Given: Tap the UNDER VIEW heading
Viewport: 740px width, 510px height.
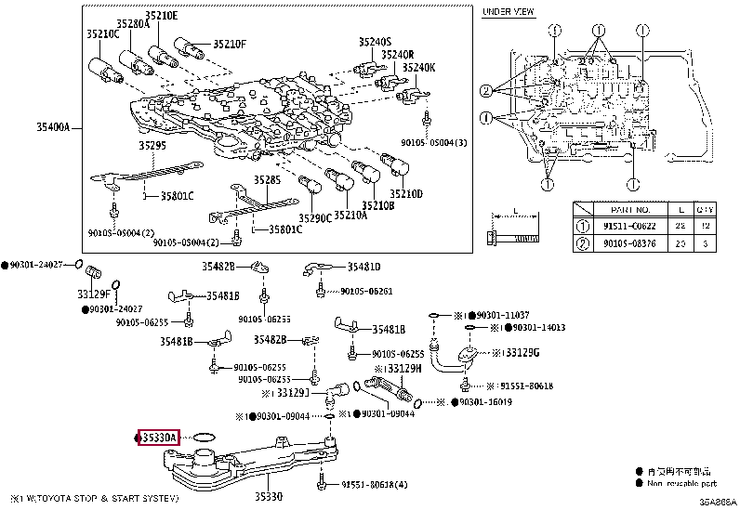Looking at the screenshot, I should pyautogui.click(x=507, y=11).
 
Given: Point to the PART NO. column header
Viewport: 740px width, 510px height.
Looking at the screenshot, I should pyautogui.click(x=619, y=209).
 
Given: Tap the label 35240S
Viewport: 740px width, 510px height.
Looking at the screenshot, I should pyautogui.click(x=377, y=42).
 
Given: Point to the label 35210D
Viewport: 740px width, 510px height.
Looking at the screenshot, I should pyautogui.click(x=406, y=193).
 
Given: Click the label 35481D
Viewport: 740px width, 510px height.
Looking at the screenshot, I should pyautogui.click(x=363, y=267).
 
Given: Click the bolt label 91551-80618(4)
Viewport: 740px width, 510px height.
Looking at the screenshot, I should pyautogui.click(x=371, y=484).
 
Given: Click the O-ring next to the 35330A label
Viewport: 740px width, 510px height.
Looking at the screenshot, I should pyautogui.click(x=205, y=435).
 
